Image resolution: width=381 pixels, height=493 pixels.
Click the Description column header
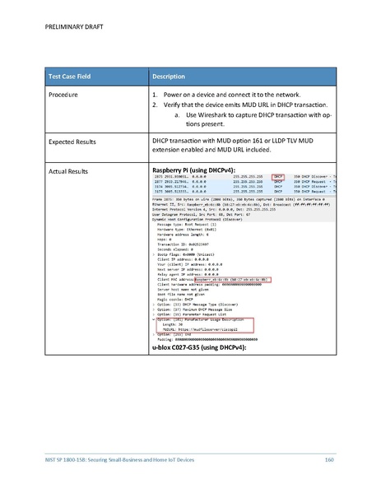click(170, 77)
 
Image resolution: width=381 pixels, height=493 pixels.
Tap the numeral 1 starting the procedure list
click(156, 95)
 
